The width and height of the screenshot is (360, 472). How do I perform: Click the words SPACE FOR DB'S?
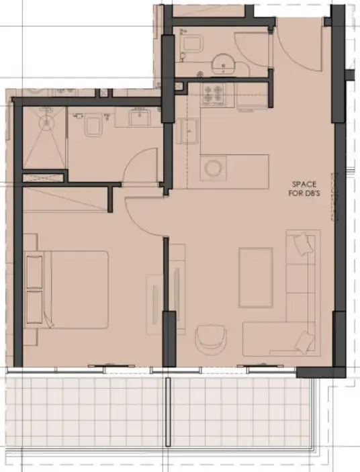(x=304, y=189)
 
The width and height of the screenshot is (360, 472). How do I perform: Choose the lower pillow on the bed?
(x=35, y=308)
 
